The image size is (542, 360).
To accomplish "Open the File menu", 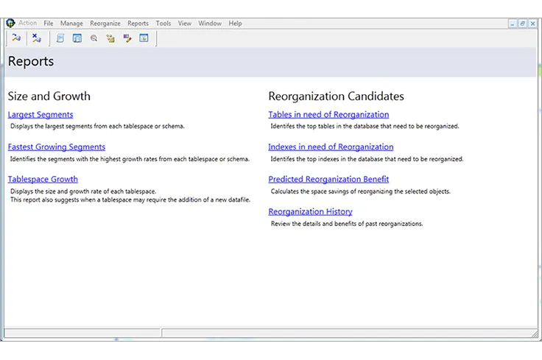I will point(49,24).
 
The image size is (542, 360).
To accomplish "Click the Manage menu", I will point(71,24).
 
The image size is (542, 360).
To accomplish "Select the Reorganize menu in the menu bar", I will point(105,24).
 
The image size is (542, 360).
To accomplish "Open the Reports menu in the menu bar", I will point(138,24).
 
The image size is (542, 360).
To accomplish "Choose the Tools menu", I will point(163,24).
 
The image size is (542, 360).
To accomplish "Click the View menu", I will point(185,24).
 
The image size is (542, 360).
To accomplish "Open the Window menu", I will point(210,24).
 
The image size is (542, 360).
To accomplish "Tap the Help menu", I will point(235,24).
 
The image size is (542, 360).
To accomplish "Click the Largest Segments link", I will point(41,115).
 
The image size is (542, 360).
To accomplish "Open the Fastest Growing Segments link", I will point(57,147).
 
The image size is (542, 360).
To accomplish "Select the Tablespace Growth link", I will point(43,180).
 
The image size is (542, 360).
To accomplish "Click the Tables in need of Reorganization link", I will point(328,115).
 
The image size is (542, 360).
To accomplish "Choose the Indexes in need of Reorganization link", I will point(331,147).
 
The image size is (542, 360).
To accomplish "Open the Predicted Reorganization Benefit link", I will point(328,180).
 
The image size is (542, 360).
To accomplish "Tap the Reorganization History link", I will point(310,212).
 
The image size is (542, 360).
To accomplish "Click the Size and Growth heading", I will point(49,96).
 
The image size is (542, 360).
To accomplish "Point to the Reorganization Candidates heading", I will point(336,96).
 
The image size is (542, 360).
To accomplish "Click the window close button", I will point(532,24).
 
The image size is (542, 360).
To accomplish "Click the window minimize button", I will point(513,24).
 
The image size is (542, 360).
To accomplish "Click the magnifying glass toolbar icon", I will point(94,38).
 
